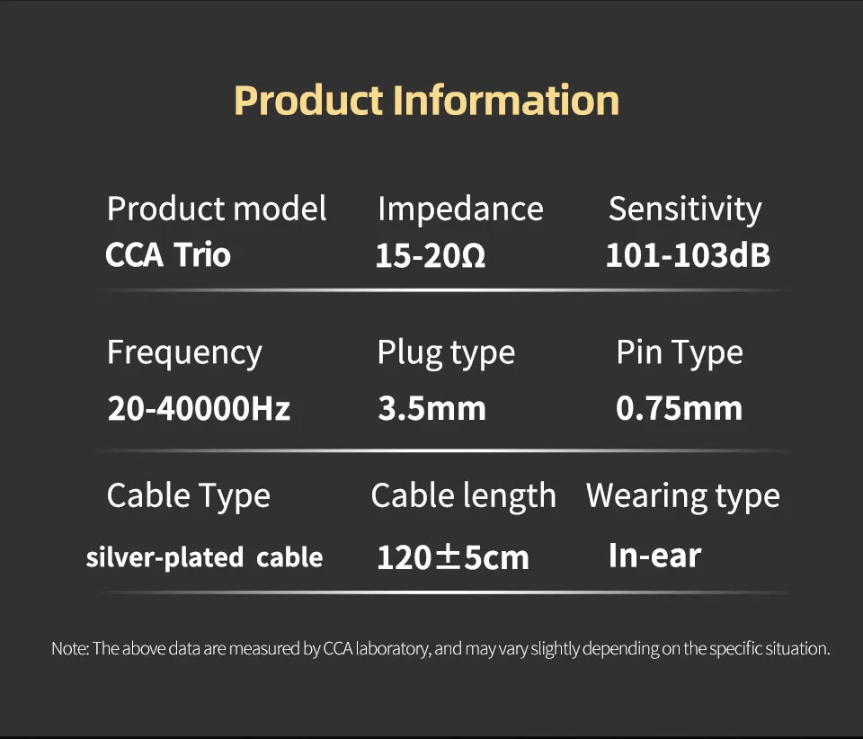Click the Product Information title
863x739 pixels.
click(x=426, y=100)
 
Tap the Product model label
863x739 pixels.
click(x=217, y=209)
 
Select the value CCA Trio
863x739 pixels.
click(x=168, y=255)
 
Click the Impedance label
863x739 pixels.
click(x=460, y=209)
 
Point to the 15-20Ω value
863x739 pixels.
click(x=431, y=257)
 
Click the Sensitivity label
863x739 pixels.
click(x=685, y=209)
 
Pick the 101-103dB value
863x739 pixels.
click(x=688, y=256)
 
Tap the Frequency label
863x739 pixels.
click(x=184, y=352)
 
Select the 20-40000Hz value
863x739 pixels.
click(x=199, y=409)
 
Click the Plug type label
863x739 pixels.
click(x=446, y=352)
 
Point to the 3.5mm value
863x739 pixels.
click(x=431, y=409)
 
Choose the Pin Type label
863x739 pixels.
click(x=680, y=352)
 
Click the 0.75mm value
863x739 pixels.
click(x=680, y=409)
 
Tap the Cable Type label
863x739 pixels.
click(x=188, y=495)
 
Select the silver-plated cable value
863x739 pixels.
click(x=204, y=557)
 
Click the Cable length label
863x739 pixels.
click(x=463, y=495)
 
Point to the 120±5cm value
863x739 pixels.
click(x=453, y=557)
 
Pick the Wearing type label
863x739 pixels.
click(x=683, y=495)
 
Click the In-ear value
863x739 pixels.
click(x=654, y=556)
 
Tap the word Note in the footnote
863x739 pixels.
click(x=69, y=648)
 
